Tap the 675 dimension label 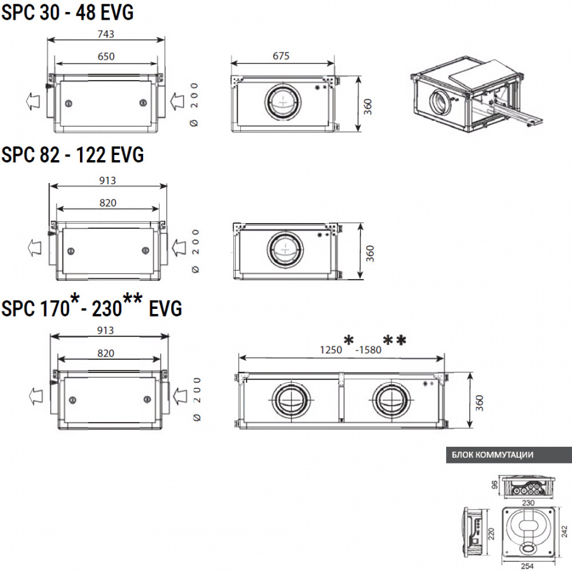[281, 56]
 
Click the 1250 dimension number [330, 349]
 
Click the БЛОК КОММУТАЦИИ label [493, 455]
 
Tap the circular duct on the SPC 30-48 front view [280, 100]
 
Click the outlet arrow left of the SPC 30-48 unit [31, 100]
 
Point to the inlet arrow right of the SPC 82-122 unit [179, 247]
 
